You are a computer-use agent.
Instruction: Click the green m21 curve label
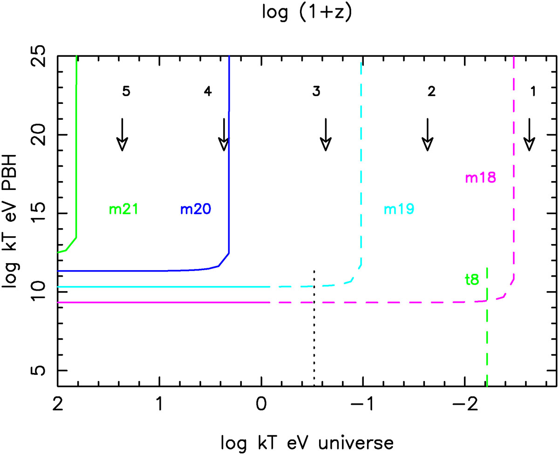pyautogui.click(x=123, y=210)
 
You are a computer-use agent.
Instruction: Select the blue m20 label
pyautogui.click(x=196, y=210)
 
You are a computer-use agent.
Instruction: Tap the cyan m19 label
pyautogui.click(x=399, y=210)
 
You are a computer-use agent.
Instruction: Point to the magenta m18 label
pyautogui.click(x=480, y=178)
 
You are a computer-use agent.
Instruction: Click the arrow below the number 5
pyautogui.click(x=122, y=135)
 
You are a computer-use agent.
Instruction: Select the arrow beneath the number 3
pyautogui.click(x=326, y=135)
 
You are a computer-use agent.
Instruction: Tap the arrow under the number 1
pyautogui.click(x=529, y=135)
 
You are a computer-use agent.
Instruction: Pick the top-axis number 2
pyautogui.click(x=431, y=92)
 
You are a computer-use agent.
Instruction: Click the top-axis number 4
pyautogui.click(x=207, y=92)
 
